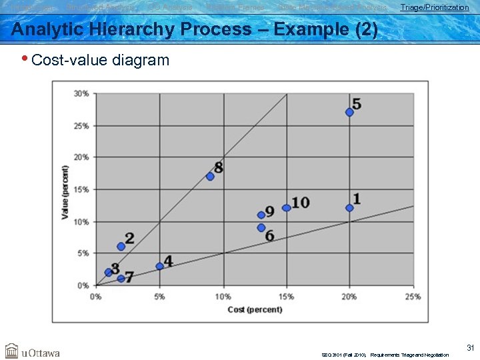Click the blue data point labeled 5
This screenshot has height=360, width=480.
click(349, 112)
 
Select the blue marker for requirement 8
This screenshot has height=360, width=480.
click(210, 177)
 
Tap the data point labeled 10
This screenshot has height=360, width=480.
click(286, 208)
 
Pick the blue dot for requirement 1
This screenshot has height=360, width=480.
click(349, 208)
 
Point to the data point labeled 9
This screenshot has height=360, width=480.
click(261, 215)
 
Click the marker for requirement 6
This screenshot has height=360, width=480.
click(261, 228)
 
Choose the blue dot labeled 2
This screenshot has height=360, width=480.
click(121, 247)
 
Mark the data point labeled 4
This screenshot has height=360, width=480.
click(159, 266)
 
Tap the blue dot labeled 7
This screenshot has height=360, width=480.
click(121, 279)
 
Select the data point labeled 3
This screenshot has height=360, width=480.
click(108, 272)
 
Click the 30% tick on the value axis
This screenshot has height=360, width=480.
click(81, 93)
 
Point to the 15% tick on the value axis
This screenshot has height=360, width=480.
click(81, 189)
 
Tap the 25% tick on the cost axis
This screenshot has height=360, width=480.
click(413, 297)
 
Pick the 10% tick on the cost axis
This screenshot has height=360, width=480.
click(223, 297)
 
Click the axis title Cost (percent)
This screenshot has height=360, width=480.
click(255, 309)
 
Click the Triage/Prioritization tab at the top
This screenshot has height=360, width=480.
click(434, 7)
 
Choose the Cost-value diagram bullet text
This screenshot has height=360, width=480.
click(100, 60)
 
